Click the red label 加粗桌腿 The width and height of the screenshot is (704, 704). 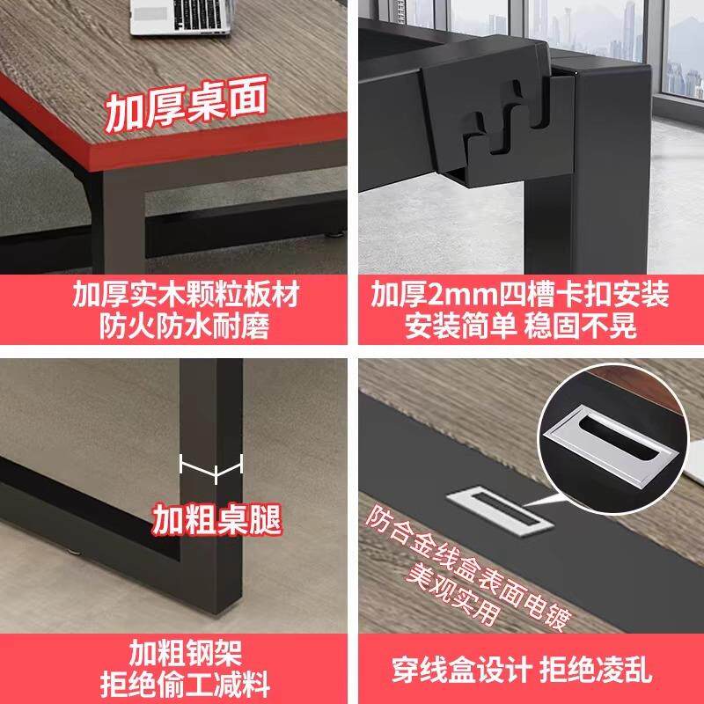pos(216,519)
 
